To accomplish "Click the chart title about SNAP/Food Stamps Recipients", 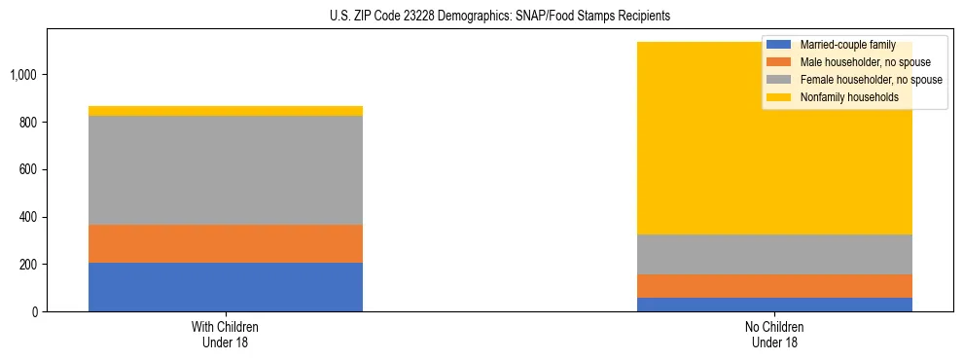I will coord(481,17).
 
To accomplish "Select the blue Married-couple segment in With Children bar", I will coord(226,287).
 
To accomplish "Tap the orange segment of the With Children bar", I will coord(226,243).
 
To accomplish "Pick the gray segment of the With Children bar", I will coord(226,170).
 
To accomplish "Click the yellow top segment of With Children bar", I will coord(226,111).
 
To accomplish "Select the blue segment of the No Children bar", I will coord(775,305).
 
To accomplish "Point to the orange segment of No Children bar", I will coord(775,286).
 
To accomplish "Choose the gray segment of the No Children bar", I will coord(775,255).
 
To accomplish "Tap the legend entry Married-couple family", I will coord(845,45).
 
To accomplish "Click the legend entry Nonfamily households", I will coord(847,97).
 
